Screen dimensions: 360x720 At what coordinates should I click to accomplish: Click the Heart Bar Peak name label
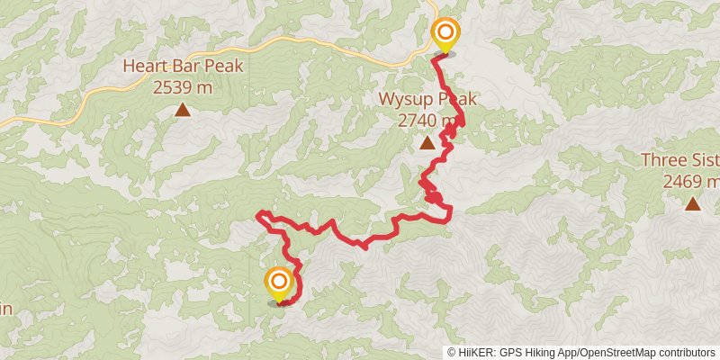183,67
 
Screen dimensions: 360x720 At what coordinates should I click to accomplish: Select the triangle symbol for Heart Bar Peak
183,111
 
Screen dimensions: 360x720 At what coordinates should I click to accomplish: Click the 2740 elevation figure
418,121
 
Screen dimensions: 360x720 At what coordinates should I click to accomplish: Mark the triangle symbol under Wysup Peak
427,143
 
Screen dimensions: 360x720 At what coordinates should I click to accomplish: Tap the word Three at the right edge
661,161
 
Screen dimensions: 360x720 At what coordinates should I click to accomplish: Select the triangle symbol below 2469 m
692,204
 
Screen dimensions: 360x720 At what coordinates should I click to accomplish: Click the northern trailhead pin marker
445,35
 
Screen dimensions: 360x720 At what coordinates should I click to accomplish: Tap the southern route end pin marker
279,283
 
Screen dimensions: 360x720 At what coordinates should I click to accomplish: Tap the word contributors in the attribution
688,353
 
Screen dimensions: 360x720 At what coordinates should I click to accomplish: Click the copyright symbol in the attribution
452,353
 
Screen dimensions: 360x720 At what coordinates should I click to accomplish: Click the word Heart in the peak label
143,67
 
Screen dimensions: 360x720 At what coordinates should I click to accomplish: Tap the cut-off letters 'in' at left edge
5,309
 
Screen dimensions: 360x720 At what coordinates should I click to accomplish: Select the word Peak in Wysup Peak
457,100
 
